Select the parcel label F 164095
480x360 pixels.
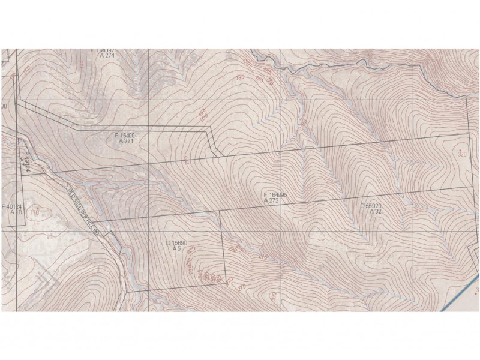[275, 195]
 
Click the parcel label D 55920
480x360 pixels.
[371, 206]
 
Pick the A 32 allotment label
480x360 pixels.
[376, 211]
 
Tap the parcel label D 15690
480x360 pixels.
[177, 243]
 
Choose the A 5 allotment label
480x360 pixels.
[177, 248]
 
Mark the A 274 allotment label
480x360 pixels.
[107, 55]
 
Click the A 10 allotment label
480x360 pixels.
[15, 212]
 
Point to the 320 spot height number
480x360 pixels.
[462, 154]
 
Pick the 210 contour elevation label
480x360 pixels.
[262, 257]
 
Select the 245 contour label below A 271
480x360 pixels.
[187, 161]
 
